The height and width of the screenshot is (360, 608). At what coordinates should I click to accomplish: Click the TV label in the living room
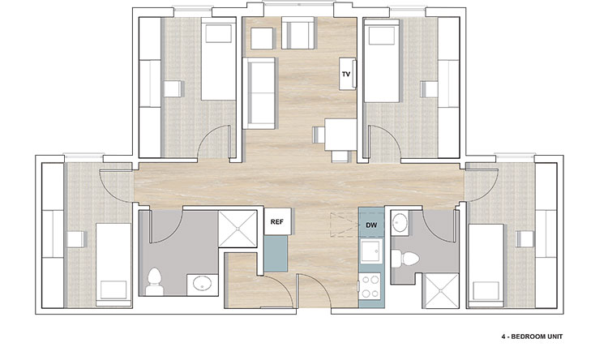point(346,74)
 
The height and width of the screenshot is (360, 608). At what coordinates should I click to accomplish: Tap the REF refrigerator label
point(277,222)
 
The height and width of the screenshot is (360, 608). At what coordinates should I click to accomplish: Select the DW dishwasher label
point(371,225)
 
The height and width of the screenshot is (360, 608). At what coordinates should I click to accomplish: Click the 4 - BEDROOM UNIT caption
point(532,336)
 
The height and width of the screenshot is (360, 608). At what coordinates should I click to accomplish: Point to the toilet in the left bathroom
point(154,281)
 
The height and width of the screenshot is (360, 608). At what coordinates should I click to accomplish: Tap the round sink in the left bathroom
point(203,284)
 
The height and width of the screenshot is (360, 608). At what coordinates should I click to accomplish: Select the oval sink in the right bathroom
point(399,223)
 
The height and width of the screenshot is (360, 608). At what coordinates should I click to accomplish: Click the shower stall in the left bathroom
point(238,229)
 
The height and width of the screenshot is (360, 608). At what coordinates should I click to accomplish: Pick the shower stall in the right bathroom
point(440,290)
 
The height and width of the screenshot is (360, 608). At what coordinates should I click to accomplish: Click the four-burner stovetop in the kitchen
point(370,286)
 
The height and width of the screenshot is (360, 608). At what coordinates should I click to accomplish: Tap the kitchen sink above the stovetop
point(371,251)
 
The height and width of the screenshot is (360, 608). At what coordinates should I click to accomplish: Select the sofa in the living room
point(259,93)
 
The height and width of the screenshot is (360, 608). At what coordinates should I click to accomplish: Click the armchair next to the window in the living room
point(298,33)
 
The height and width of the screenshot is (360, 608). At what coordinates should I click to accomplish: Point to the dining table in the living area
point(340,135)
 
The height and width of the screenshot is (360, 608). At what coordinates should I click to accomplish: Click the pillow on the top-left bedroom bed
point(219,33)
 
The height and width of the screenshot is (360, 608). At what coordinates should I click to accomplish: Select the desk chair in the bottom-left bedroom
point(76,239)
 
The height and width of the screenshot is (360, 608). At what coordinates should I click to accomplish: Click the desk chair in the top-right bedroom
point(430,89)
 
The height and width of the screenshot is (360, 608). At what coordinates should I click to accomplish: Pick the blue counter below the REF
point(276,253)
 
